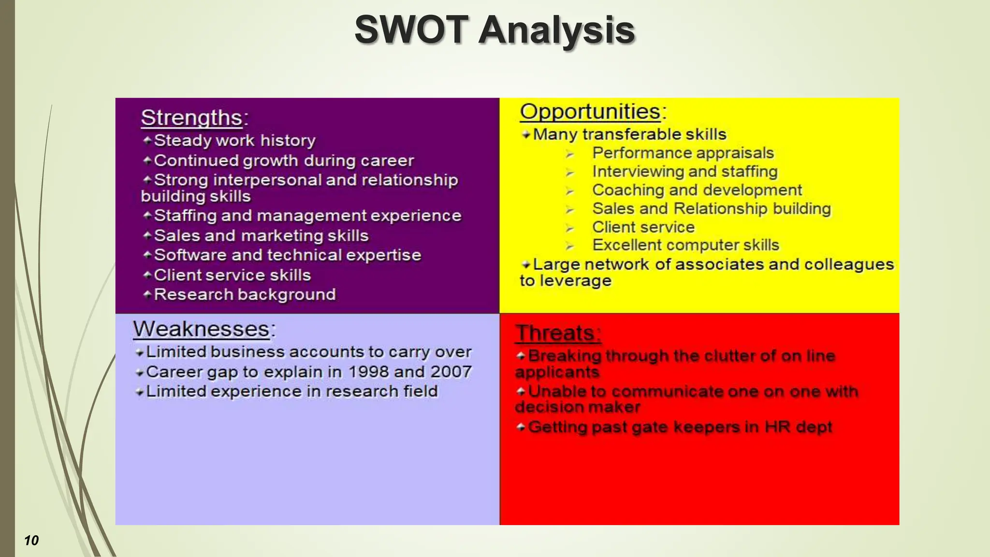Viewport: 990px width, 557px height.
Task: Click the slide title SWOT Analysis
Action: [x=495, y=30]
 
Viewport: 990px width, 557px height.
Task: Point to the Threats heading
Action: [x=557, y=333]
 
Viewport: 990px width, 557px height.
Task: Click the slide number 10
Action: [x=31, y=541]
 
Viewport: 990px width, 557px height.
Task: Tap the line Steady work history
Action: [x=234, y=141]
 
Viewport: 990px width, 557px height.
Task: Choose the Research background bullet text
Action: [x=245, y=294]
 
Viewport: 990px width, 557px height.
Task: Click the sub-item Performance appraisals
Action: [x=683, y=153]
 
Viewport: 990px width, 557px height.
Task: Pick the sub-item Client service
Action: [x=643, y=227]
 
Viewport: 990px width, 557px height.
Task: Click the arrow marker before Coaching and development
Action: [x=570, y=191]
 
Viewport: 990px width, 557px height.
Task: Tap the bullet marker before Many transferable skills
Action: [x=526, y=135]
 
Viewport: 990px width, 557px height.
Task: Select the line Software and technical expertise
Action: [x=287, y=255]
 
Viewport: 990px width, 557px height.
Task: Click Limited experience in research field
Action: [x=291, y=391]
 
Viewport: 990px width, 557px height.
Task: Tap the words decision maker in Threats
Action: [x=578, y=407]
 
